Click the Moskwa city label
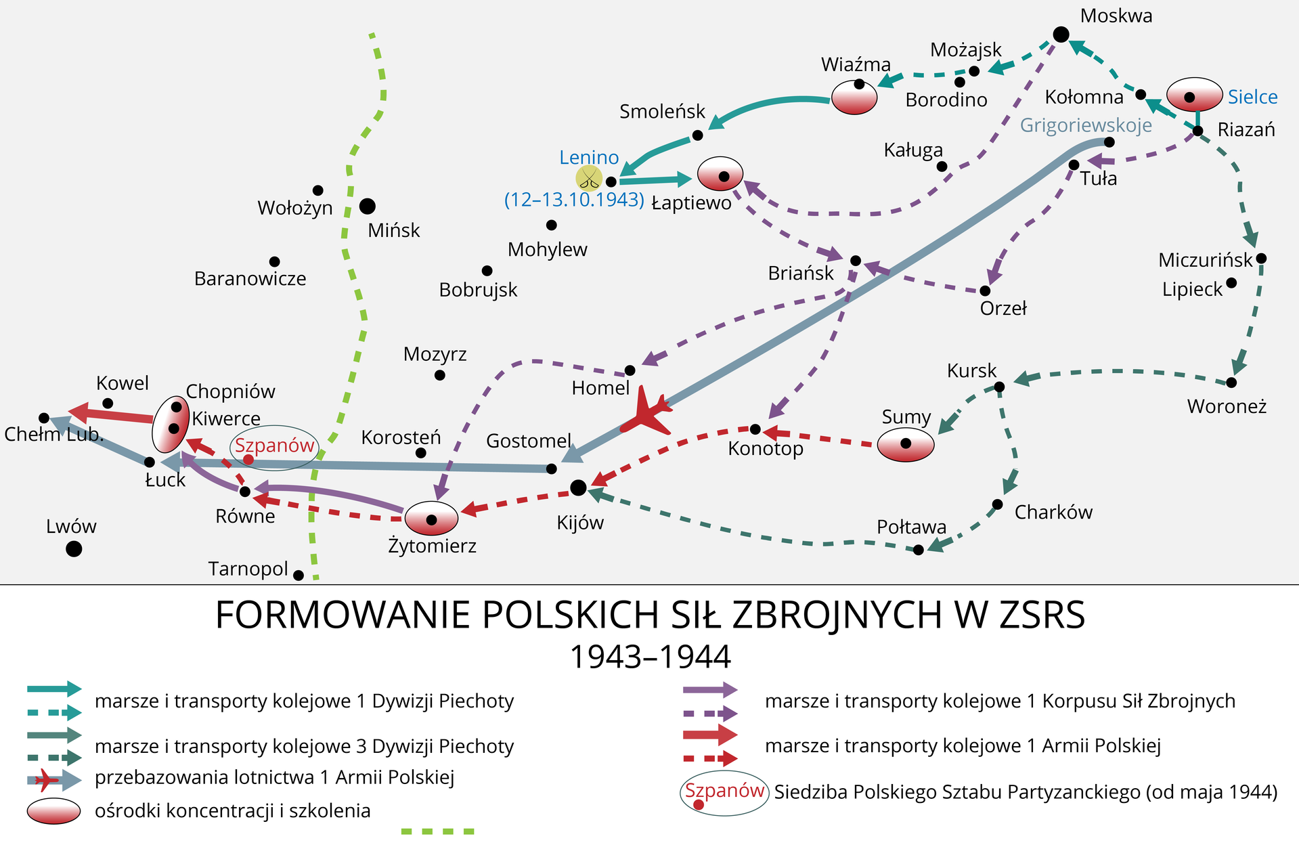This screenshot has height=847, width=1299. click(1116, 16)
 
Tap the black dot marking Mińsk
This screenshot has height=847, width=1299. click(368, 206)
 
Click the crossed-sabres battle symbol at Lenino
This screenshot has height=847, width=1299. click(589, 179)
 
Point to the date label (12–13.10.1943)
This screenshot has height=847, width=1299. click(574, 200)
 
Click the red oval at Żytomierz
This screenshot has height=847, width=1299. click(431, 519)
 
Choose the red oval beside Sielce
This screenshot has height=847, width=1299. click(1194, 95)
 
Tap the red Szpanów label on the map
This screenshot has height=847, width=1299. click(274, 446)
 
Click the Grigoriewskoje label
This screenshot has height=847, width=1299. click(1086, 125)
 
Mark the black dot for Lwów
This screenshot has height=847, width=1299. click(74, 548)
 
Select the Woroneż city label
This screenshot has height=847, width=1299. click(1227, 406)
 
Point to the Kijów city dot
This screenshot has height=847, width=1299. click(578, 487)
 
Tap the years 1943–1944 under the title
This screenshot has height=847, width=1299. click(651, 657)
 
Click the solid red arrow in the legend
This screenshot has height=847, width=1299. click(710, 735)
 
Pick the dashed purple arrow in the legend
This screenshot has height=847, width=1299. click(710, 714)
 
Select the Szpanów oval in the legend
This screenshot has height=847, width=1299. click(724, 793)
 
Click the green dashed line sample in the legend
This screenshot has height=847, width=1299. click(438, 831)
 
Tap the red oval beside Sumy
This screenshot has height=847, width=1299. click(906, 445)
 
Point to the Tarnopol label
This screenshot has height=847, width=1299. click(248, 569)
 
